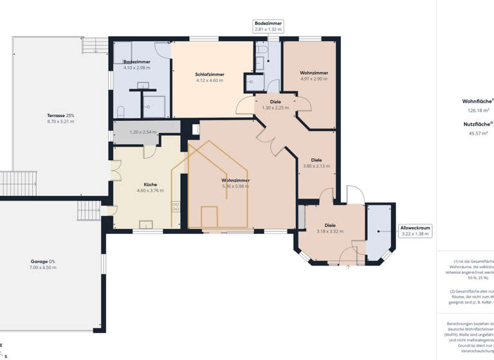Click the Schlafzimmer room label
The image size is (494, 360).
coord(210,75)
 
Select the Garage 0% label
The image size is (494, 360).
coord(43,262)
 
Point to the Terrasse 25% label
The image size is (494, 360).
coord(60,115)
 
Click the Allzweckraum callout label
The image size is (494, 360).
coord(415,228)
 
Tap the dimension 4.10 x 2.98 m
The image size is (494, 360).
coord(136,67)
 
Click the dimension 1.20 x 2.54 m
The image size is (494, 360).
coord(143,132)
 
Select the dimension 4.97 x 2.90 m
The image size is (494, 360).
coord(314,79)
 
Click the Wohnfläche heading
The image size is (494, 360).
coord(477,101)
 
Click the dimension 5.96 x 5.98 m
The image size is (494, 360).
coord(235,186)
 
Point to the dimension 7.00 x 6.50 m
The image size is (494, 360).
coord(43,267)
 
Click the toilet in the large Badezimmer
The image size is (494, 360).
coord(120,112)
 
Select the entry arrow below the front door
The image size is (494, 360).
coord(348,266)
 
